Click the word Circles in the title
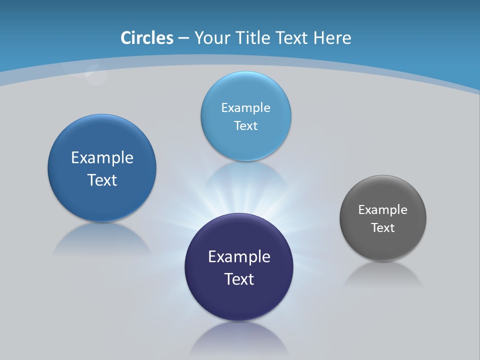pos(146,38)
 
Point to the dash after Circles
pos(183,38)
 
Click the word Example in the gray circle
pos(382,210)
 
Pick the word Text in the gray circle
pos(383,228)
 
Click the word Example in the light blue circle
pos(245,108)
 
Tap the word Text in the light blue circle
pos(245,126)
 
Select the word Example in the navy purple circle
pos(239,257)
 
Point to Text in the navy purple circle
pos(239,279)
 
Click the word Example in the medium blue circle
pos(102,158)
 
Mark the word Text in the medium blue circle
pos(102,180)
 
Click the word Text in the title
pos(293,38)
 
